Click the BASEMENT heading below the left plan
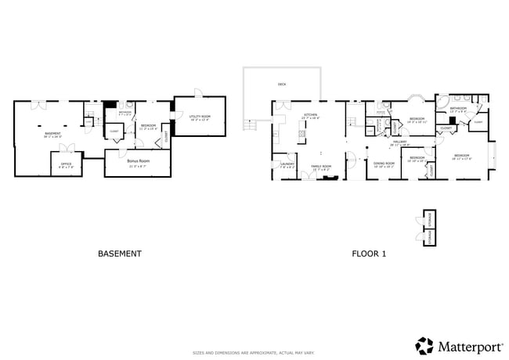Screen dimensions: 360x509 tap(119, 254)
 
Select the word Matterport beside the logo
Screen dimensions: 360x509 tap(469, 345)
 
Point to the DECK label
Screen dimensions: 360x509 tap(282, 84)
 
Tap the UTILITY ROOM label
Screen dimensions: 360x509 tap(200, 116)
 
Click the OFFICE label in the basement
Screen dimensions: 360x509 tap(67, 164)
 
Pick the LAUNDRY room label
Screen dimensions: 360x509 tap(287, 164)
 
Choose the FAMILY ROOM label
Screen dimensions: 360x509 tap(322, 166)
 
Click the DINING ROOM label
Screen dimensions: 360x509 tap(384, 164)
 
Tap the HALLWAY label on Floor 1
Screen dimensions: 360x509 tap(400, 142)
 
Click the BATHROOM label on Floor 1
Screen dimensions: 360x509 tap(458, 108)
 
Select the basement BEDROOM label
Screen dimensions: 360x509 tap(148, 125)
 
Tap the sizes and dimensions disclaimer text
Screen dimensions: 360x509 tap(254, 353)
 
